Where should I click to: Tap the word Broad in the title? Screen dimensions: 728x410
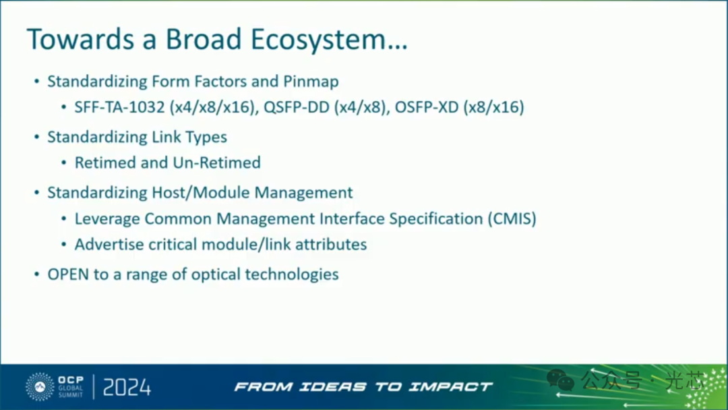204,38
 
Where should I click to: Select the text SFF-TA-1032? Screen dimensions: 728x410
120,107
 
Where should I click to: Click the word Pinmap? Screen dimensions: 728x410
311,82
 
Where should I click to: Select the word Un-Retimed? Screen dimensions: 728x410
216,163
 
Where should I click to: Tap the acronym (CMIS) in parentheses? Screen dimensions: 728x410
512,218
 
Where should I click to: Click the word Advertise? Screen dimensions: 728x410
109,244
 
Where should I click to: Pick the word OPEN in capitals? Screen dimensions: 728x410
68,274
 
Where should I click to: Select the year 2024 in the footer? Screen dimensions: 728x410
127,387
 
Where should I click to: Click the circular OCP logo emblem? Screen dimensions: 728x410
40,386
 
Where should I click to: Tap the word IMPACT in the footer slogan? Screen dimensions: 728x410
450,387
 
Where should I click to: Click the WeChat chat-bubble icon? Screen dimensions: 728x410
560,380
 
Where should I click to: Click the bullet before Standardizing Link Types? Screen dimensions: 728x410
36,137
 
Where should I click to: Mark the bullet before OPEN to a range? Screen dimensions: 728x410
36,274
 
